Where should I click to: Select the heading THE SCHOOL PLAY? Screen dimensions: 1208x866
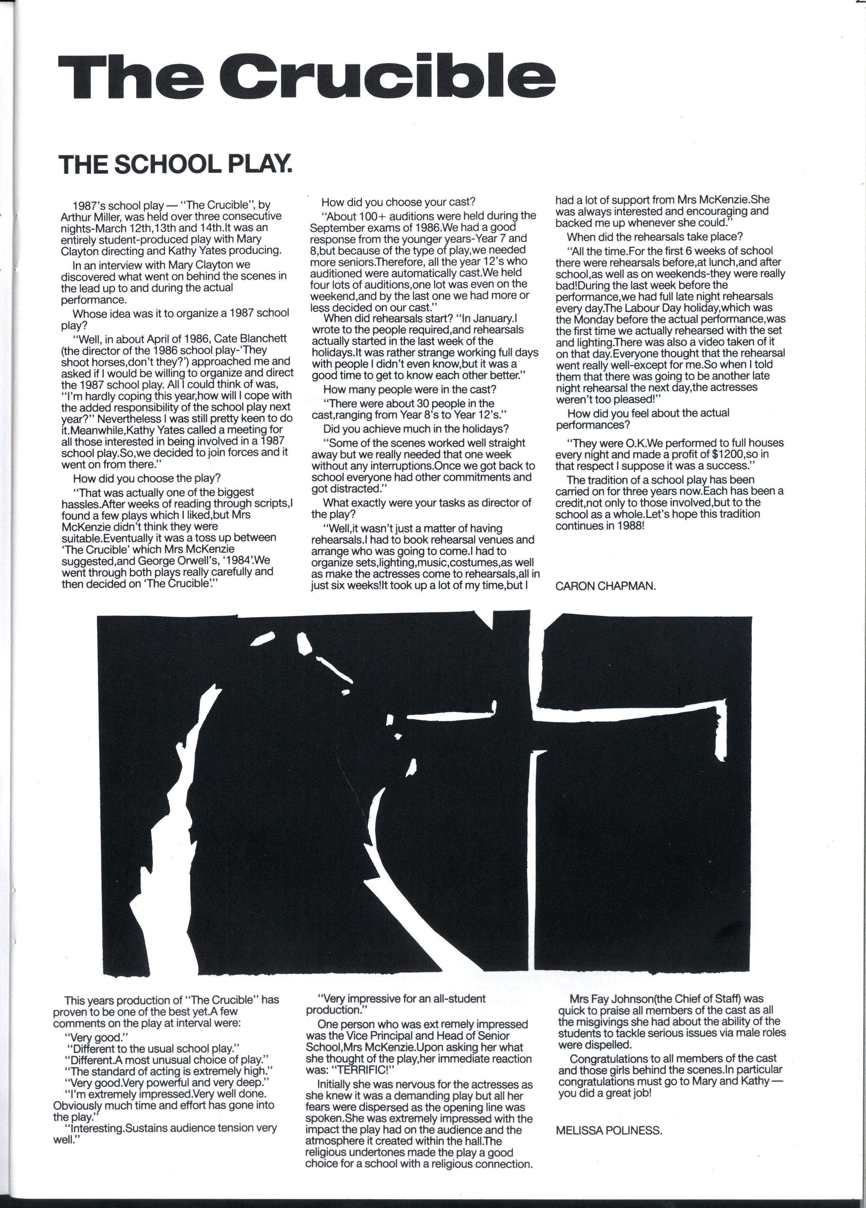pyautogui.click(x=176, y=164)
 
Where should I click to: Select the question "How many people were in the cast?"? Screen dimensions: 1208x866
pyautogui.click(x=409, y=389)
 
